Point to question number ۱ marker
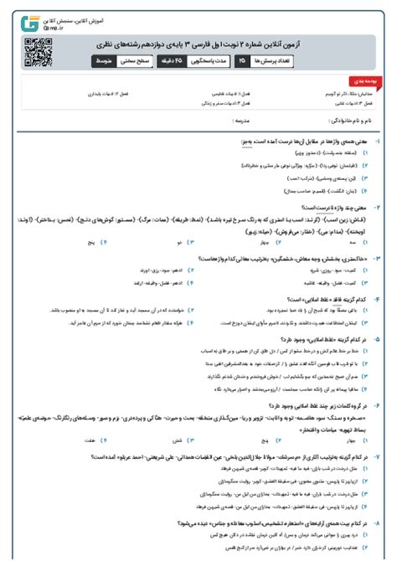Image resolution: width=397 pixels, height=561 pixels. tap(378, 142)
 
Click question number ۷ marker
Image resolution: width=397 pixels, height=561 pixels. tap(378, 455)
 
